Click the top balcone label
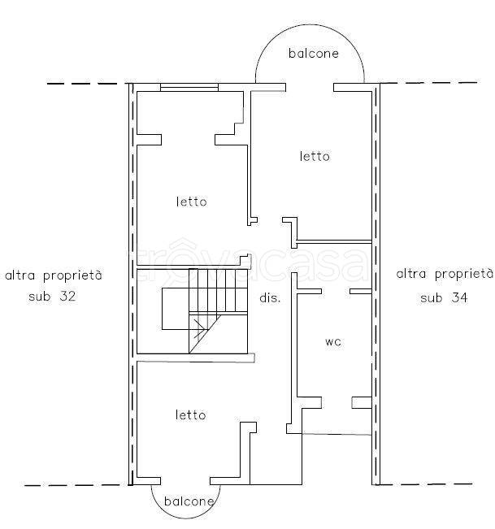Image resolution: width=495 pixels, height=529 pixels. (314, 54)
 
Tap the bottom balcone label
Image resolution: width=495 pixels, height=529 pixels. (189, 501)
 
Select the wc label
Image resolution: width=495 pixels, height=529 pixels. (333, 342)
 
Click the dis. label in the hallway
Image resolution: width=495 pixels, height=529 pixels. (270, 298)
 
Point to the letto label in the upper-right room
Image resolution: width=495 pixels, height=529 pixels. (315, 156)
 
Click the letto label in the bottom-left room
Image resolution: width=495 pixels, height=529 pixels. (191, 414)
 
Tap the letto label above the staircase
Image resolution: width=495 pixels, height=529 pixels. (191, 202)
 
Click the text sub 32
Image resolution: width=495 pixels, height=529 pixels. (52, 297)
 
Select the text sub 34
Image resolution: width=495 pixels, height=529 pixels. (444, 297)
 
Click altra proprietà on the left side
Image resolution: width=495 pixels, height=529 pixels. (54, 275)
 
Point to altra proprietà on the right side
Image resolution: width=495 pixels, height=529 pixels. (445, 274)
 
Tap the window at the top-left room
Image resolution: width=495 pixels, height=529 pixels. (189, 87)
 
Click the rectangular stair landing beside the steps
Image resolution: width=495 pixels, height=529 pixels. (176, 309)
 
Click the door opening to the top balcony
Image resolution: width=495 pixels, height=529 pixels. (310, 87)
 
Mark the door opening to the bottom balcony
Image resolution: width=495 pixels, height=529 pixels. (185, 481)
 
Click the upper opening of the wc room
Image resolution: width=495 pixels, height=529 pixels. (336, 291)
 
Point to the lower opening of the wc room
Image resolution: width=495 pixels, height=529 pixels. (337, 402)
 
